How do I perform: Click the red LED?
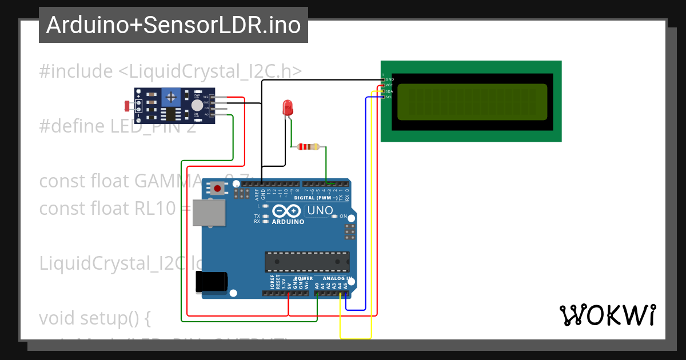click(288, 107)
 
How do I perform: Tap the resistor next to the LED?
click(309, 147)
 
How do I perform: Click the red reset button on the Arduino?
click(218, 188)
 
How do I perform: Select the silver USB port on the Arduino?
click(209, 213)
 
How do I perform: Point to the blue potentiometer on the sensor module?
click(170, 97)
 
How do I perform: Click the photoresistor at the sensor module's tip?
click(127, 106)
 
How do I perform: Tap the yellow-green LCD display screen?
click(472, 102)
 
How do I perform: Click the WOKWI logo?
click(607, 315)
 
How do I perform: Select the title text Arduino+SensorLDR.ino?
click(173, 25)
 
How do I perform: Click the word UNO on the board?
click(320, 210)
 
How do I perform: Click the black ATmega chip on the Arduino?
click(307, 261)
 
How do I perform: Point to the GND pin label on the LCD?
click(389, 79)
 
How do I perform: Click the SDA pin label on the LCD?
click(389, 91)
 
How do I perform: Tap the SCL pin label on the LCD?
click(389, 97)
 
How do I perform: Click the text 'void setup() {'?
click(94, 318)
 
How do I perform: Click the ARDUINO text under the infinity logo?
click(288, 222)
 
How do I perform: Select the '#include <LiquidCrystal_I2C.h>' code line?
click(170, 71)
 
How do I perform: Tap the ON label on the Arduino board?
click(344, 217)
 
